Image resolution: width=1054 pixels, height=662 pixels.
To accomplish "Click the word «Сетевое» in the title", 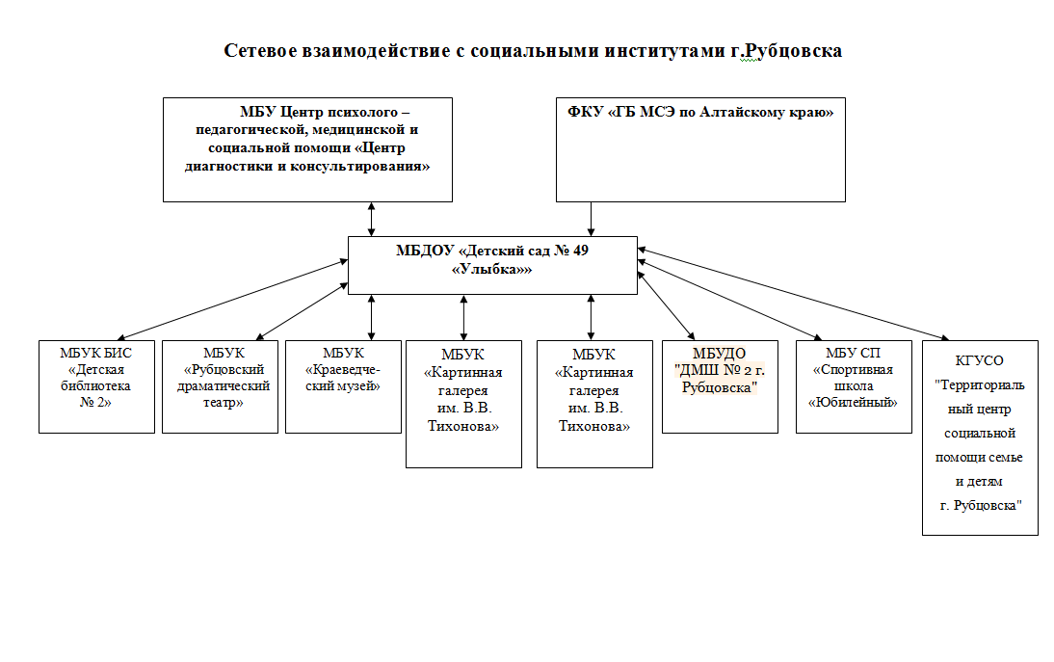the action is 261,51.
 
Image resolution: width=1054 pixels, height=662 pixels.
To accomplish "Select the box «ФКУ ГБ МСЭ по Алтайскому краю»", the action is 700,150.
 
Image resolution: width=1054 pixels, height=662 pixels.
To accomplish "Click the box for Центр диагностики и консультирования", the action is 308,150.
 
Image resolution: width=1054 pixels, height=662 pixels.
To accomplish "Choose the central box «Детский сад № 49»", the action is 492,265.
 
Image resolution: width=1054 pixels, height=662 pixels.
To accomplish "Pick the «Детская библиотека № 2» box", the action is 96,386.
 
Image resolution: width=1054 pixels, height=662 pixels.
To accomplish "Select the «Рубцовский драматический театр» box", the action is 220,386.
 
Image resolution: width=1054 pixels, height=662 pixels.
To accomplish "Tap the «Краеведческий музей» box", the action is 344,386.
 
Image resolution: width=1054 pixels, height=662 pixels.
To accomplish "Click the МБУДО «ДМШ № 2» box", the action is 720,386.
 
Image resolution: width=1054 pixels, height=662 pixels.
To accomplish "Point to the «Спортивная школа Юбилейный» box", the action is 854,386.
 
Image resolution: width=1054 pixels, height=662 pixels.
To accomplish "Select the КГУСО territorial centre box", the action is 980,437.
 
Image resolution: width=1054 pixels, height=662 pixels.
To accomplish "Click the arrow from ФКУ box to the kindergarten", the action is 591,219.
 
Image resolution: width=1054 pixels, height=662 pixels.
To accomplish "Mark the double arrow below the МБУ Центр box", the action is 371,219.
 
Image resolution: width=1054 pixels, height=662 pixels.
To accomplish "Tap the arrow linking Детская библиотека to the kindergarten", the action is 233,300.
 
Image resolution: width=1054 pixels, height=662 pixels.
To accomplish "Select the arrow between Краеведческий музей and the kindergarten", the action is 371,317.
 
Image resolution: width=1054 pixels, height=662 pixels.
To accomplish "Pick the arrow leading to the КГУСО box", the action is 793,294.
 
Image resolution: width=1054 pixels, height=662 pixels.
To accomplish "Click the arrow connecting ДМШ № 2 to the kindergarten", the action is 666,305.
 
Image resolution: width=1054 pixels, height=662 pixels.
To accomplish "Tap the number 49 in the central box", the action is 580,251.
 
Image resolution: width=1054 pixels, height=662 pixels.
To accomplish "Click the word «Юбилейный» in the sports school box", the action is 853,403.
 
